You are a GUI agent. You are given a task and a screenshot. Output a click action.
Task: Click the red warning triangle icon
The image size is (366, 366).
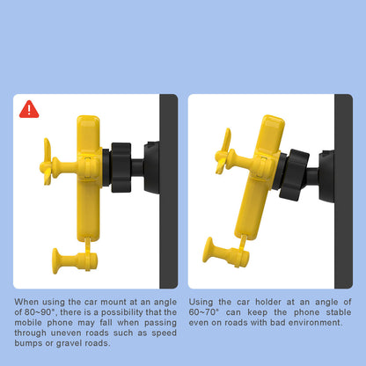click(x=29, y=110)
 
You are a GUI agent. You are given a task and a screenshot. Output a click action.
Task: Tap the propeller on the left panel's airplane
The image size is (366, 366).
click(x=48, y=162)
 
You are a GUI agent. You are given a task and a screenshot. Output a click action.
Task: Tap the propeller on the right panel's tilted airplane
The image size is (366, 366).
click(x=223, y=152)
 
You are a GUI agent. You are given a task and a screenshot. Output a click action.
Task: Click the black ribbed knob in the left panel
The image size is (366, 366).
click(x=121, y=167)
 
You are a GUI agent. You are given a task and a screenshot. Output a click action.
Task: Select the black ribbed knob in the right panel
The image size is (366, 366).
click(x=294, y=175)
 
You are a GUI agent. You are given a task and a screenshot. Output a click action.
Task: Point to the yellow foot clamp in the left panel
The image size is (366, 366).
click(x=75, y=260)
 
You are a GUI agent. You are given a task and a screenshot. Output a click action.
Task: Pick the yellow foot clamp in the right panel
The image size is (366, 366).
click(x=226, y=253)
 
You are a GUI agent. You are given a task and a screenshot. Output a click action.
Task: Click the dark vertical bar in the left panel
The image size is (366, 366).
click(x=169, y=191)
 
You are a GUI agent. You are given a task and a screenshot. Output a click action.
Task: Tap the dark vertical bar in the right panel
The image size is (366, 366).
click(x=343, y=191)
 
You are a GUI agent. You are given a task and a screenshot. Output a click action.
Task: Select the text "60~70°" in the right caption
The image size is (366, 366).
click(x=204, y=312)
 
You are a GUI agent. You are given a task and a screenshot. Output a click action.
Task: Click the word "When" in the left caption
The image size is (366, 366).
click(x=26, y=302)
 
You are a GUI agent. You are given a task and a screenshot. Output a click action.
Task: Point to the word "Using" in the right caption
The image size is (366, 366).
click(x=201, y=302)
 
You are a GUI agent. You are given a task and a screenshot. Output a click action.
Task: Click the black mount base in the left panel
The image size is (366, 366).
click(x=152, y=167)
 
